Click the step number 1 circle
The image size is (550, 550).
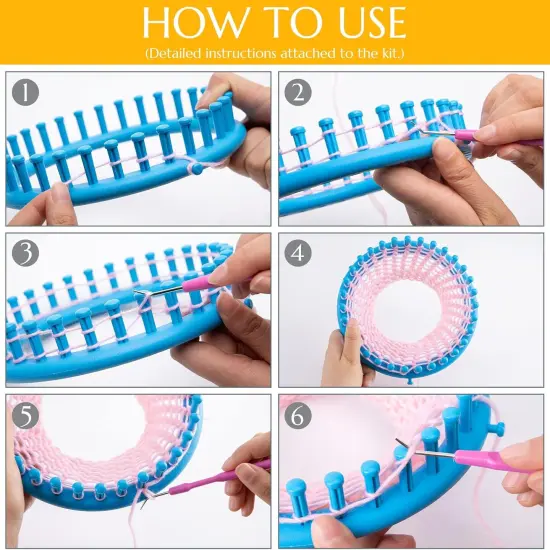(26, 92)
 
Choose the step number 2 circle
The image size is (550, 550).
(298, 92)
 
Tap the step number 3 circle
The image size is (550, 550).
(26, 253)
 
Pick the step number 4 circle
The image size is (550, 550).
(298, 253)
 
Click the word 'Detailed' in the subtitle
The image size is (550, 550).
(178, 51)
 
